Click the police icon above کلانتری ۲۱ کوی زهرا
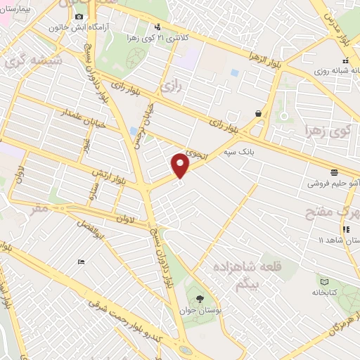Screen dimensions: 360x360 point(156,27)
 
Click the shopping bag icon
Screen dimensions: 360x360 point(259,112)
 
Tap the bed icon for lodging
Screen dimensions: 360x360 point(82,262)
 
